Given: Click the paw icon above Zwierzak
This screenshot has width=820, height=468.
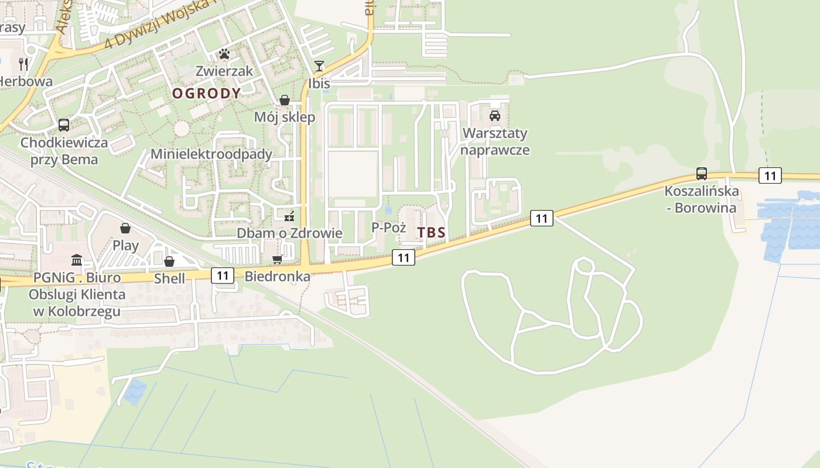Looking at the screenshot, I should coord(224,54).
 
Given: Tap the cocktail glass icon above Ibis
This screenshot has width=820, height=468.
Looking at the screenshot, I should coord(319,66).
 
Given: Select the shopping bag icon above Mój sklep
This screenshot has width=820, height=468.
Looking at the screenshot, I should coord(285,100).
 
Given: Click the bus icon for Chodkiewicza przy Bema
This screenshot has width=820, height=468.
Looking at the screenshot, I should coord(64,125).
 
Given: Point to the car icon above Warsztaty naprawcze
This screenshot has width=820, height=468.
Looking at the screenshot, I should coord(495,115).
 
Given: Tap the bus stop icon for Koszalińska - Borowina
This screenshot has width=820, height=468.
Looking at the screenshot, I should coord(701,174).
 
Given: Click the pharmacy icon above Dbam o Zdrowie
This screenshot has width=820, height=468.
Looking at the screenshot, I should coord(289,216).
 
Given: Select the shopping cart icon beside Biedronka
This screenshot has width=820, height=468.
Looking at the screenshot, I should coord(278,259).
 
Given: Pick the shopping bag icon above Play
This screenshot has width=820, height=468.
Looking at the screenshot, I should coord(125,228).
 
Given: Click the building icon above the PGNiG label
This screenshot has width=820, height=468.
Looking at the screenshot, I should coord(77,260).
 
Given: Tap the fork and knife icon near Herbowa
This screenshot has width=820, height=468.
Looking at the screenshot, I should coord(23,63).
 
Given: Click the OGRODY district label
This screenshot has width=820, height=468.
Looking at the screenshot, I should coord(206,94).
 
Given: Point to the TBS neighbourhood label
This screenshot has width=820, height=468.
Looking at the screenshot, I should coord(431,233).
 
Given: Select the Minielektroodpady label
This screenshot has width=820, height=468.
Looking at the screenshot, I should coord(211,154).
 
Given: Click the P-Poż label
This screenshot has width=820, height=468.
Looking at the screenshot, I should coord(389,228).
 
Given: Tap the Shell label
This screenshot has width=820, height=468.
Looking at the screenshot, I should coord(169,278).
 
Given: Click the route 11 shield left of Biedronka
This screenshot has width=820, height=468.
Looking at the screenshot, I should coord(223,275).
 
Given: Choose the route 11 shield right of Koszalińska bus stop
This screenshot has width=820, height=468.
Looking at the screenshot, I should coord(770,175).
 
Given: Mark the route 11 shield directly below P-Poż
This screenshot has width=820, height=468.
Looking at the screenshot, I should coord(404,257).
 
